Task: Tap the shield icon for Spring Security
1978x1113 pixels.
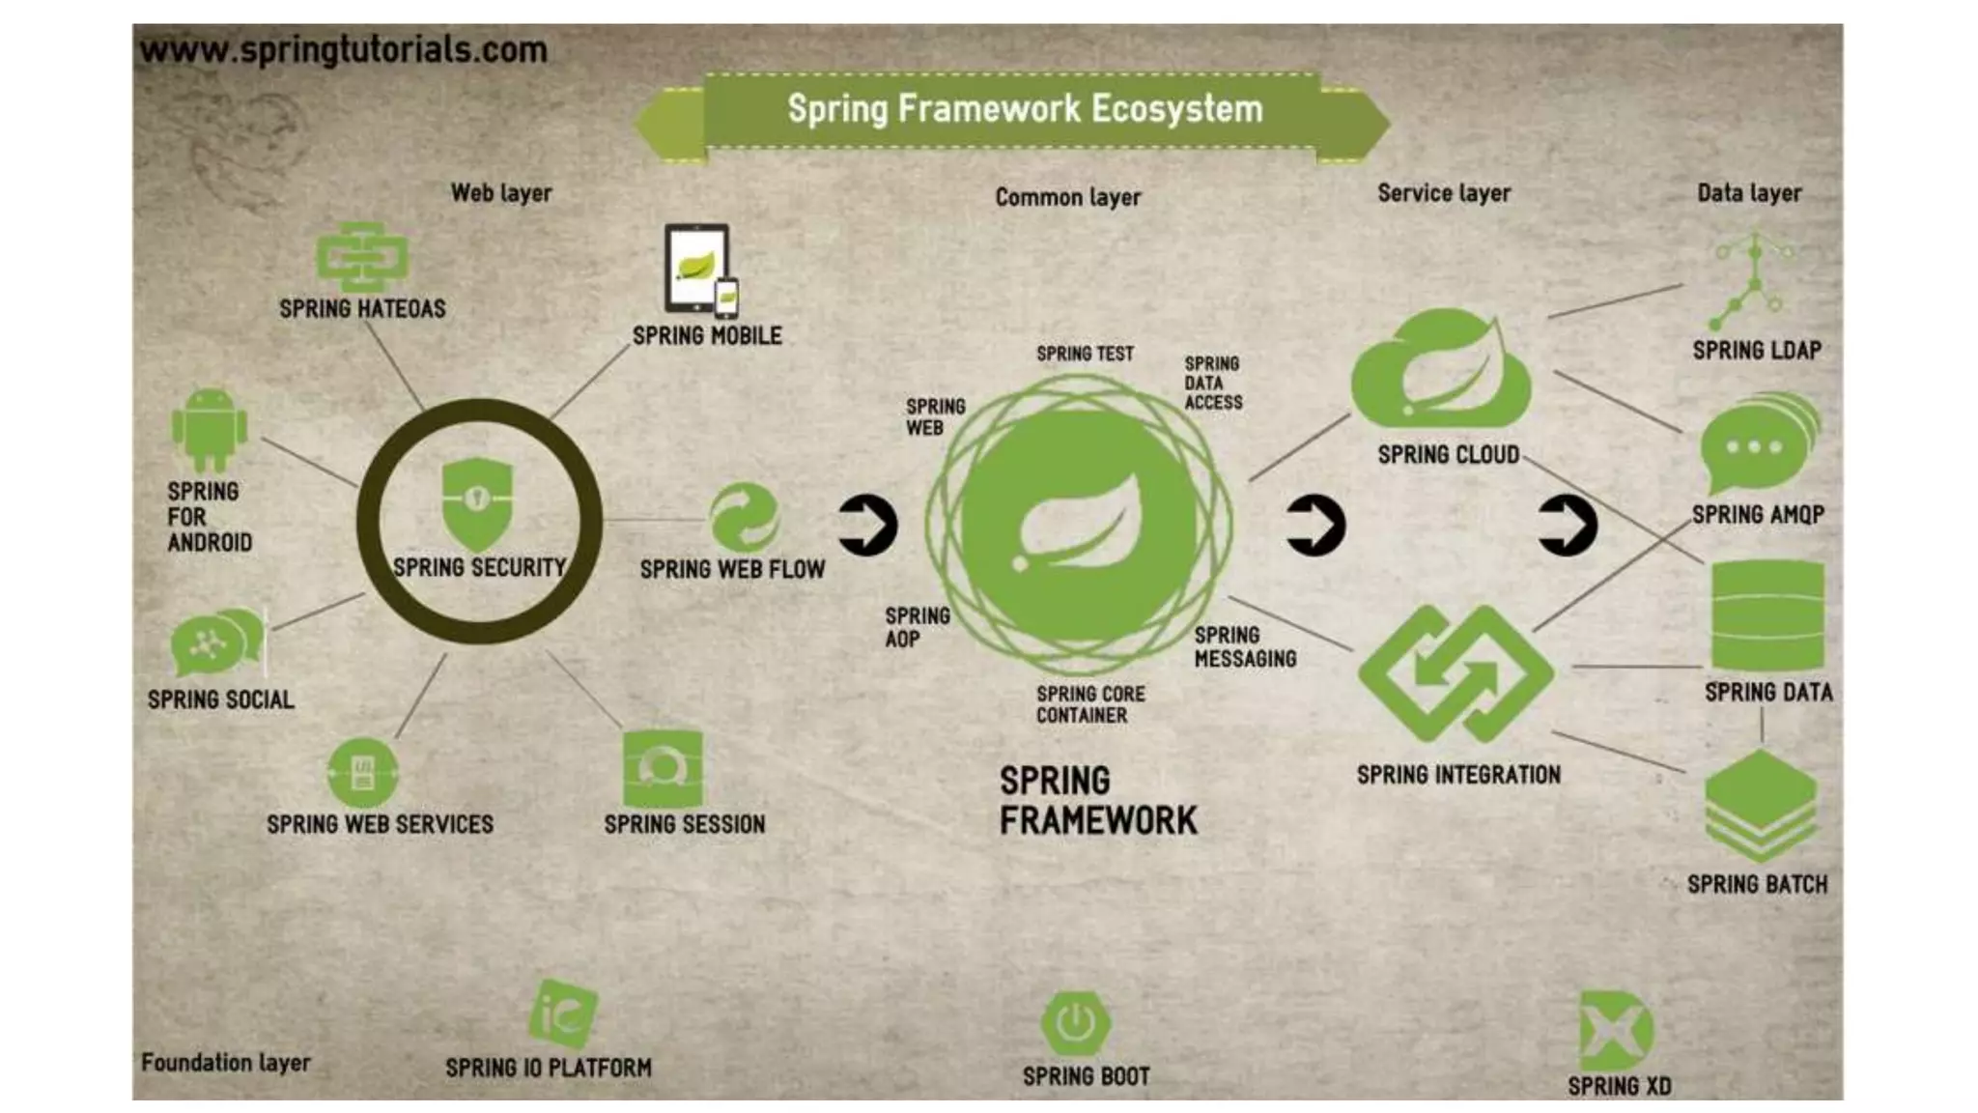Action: point(476,503)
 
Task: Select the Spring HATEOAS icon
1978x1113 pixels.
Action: point(362,256)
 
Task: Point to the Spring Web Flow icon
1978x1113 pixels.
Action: point(744,518)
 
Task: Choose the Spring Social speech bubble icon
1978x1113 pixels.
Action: point(214,642)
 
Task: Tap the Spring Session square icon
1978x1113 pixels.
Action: point(663,768)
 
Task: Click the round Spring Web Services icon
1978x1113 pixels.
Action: point(362,772)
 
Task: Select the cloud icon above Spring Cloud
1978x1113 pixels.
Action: point(1441,370)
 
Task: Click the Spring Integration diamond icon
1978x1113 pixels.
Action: point(1455,673)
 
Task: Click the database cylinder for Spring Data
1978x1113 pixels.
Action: point(1766,616)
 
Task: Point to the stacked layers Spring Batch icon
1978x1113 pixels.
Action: point(1761,806)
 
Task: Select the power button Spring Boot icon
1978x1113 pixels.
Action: point(1075,1022)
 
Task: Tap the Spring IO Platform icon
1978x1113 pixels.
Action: point(563,1014)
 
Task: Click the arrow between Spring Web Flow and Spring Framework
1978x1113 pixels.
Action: point(867,526)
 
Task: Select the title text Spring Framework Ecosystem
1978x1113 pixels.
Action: point(1024,109)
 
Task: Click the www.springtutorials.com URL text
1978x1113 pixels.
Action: point(343,49)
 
